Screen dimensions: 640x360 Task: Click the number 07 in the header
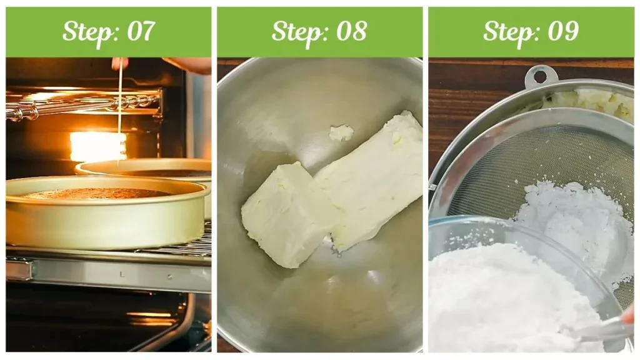coord(141,31)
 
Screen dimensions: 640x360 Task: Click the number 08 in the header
coord(351,31)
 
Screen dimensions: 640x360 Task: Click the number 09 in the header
coord(563,31)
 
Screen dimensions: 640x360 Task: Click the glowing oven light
coord(98,146)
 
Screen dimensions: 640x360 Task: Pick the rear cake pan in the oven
coord(147,168)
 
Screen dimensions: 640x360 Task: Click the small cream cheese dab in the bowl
coord(342,132)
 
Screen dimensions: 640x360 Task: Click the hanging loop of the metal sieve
coord(541,76)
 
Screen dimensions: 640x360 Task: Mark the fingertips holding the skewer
coord(119,63)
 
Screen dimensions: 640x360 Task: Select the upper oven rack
coord(82,104)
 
